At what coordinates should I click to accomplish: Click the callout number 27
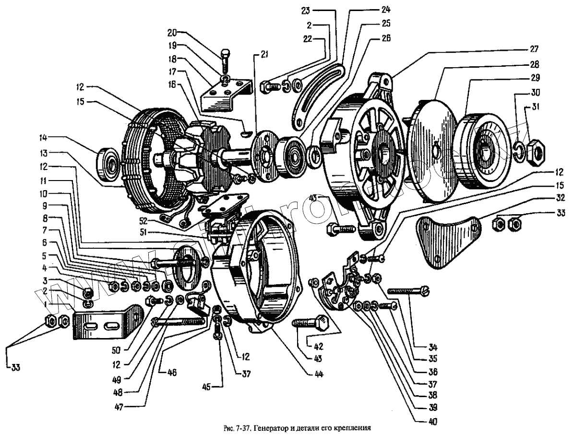click(535, 48)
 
